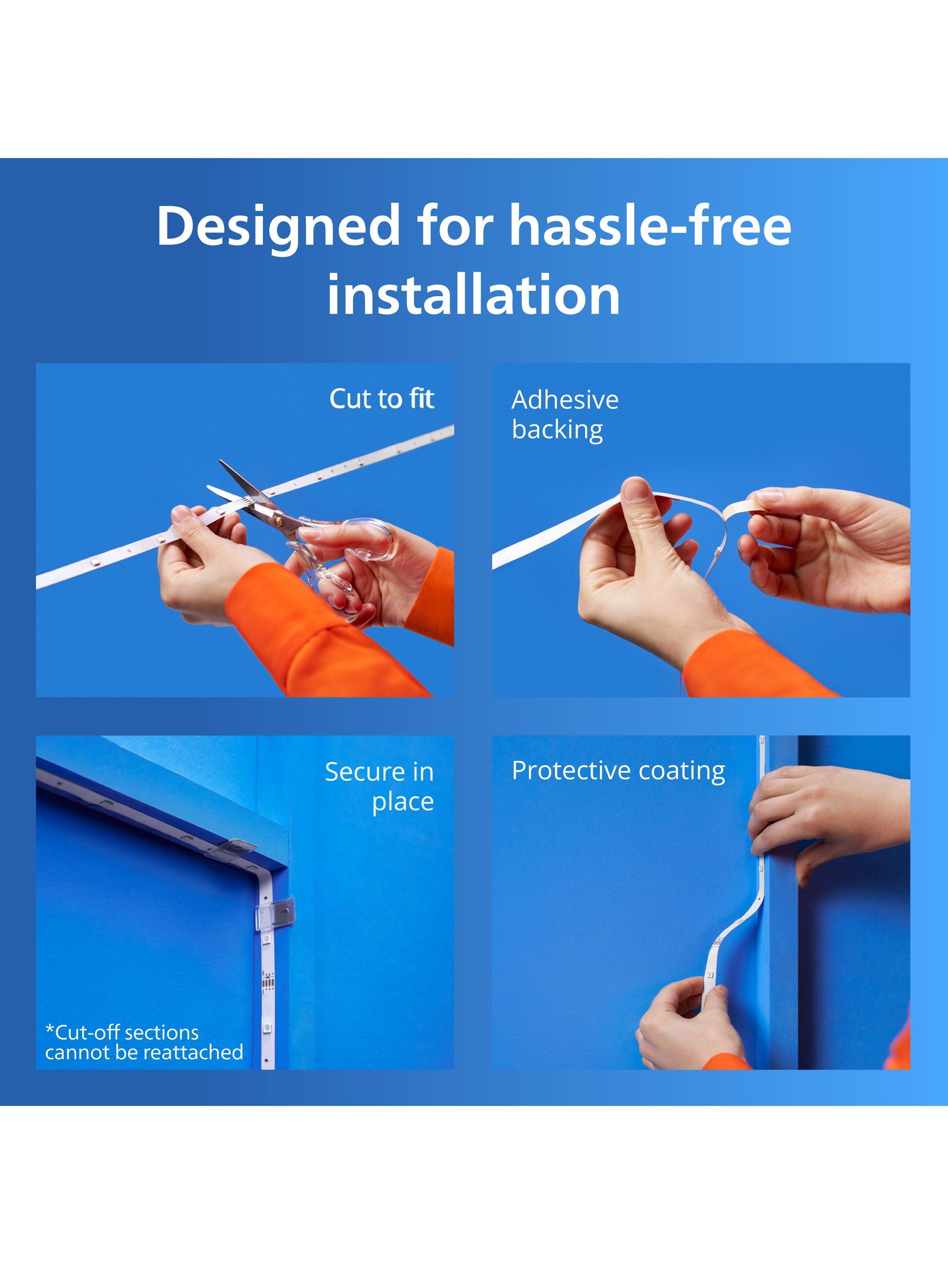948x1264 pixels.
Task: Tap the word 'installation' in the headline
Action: coord(474,294)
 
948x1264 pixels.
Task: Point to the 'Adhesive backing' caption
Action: coord(565,415)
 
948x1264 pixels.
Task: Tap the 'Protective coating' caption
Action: coord(618,771)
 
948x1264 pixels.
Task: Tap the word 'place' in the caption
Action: coord(403,802)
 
